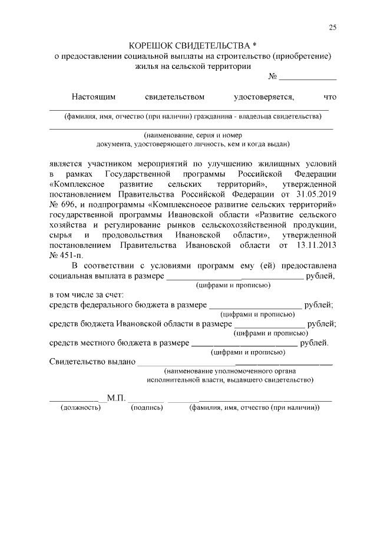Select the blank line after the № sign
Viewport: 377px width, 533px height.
click(x=307, y=77)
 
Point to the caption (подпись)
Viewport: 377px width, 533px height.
click(x=147, y=408)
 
